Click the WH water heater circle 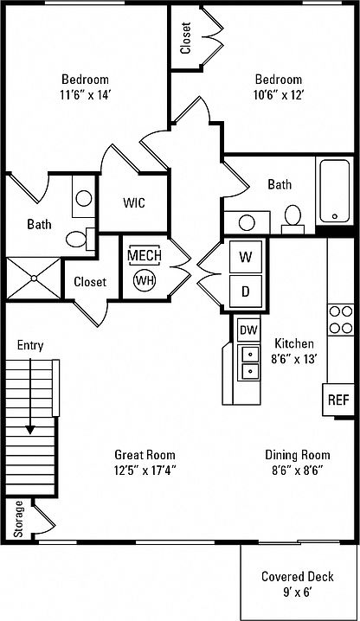coord(145,280)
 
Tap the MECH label coord(145,255)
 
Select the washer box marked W coord(246,257)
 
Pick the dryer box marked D coord(246,291)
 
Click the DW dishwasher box coord(248,330)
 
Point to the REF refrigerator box coord(338,400)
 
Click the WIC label coord(134,202)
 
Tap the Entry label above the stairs coord(30,345)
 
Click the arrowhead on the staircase coord(30,430)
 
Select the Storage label coord(19,519)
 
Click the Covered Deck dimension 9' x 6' coord(298,592)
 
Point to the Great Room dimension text coord(145,471)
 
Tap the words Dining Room coord(298,454)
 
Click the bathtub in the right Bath coord(335,190)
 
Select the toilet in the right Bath coord(292,219)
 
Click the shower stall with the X coord(34,278)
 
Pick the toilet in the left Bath coord(80,240)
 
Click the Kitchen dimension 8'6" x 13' coord(294,359)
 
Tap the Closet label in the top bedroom coord(185,38)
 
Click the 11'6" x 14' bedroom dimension coord(86,95)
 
